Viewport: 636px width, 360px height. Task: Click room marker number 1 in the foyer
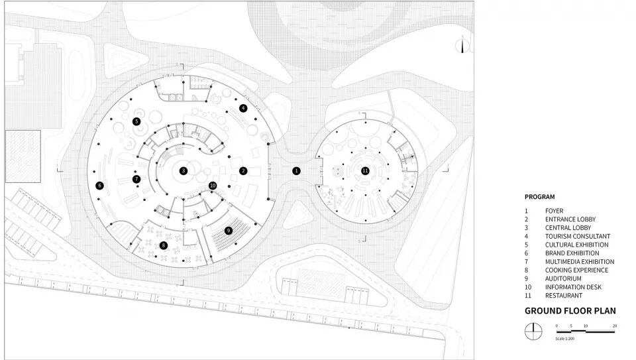[x=296, y=170]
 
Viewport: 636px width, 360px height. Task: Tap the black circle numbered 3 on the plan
[x=184, y=170]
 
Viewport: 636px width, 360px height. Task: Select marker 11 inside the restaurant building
[x=365, y=170]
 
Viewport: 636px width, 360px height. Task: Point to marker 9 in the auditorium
[x=229, y=230]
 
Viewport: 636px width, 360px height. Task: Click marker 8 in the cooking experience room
[x=163, y=245]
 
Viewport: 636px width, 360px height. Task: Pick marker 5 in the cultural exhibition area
[x=136, y=121]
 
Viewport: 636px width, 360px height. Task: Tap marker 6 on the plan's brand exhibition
[x=99, y=186]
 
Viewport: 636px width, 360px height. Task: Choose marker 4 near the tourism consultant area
[x=243, y=107]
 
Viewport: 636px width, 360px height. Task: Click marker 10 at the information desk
[x=213, y=186]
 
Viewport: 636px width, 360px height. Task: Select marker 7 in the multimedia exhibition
[x=136, y=179]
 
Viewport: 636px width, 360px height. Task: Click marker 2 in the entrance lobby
[x=243, y=170]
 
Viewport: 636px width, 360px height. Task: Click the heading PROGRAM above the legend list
[x=539, y=197]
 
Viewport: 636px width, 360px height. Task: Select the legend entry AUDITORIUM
[x=564, y=278]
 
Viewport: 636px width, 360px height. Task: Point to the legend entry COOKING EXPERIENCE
[x=576, y=270]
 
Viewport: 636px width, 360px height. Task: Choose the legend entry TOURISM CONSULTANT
[x=578, y=236]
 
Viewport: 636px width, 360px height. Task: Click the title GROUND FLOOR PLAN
[x=570, y=310]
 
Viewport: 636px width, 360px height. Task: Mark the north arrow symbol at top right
[x=463, y=46]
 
